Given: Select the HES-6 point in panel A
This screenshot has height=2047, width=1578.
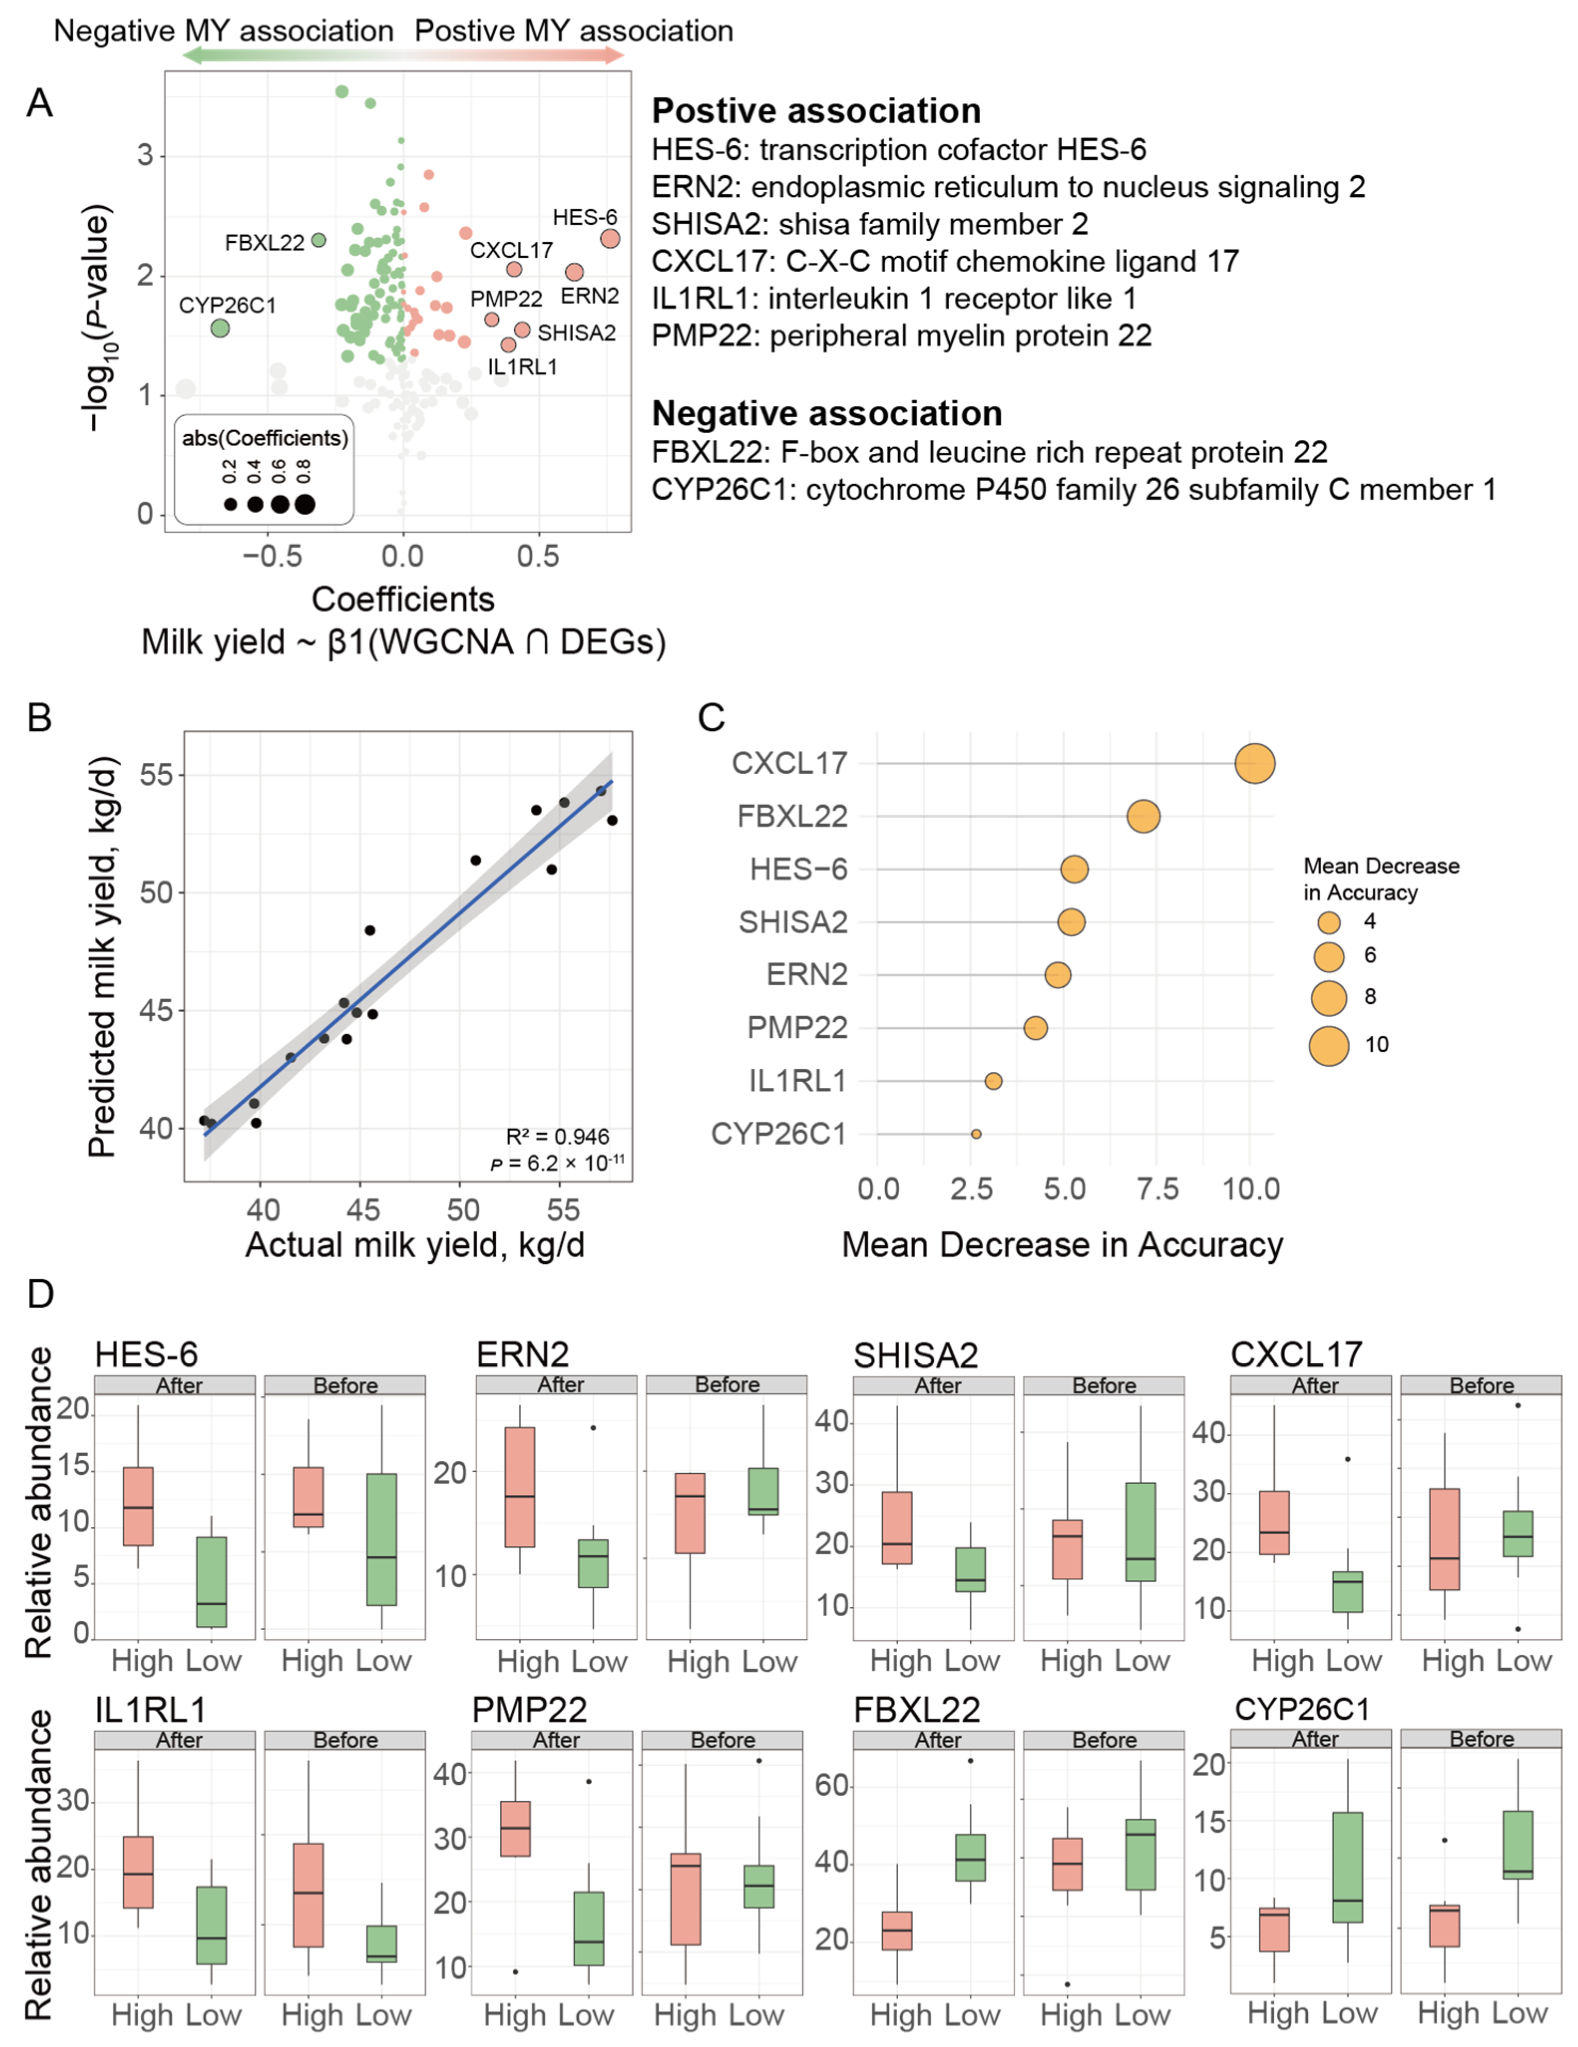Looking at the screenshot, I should coord(609,239).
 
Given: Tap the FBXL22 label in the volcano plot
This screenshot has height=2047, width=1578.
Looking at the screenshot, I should coord(264,243).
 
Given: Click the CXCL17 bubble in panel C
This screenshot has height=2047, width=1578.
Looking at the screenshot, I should coord(1254,764).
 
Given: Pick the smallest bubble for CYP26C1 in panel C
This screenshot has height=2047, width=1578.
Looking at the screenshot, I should coord(976,1134).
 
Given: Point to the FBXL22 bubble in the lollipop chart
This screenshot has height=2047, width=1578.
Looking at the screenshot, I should coord(1143,817).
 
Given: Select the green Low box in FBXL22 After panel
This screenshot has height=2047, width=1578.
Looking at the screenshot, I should coord(971,1858).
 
